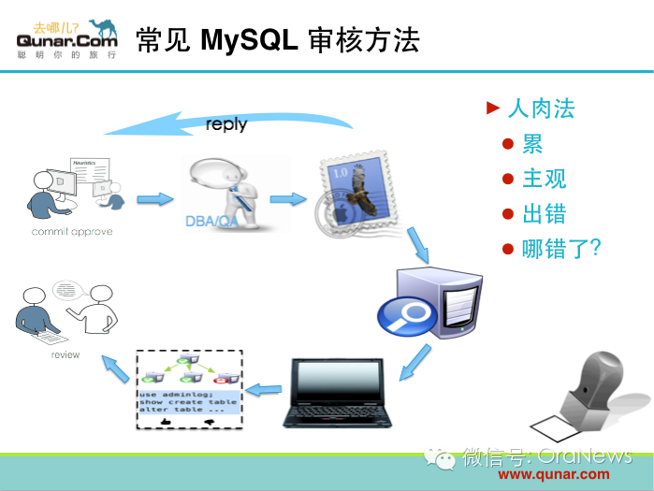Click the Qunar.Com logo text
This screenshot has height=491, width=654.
click(x=67, y=40)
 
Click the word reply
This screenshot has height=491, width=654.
click(x=226, y=124)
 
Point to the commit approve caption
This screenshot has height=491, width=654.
click(x=71, y=231)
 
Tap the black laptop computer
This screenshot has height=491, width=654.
click(x=337, y=392)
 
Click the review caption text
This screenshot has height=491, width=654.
click(x=65, y=355)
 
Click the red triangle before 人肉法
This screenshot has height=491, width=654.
click(x=493, y=108)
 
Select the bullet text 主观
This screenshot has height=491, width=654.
click(x=544, y=179)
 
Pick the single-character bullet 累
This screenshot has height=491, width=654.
click(x=532, y=144)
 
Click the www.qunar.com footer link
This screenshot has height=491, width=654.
click(x=560, y=473)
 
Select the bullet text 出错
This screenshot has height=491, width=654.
click(x=544, y=213)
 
